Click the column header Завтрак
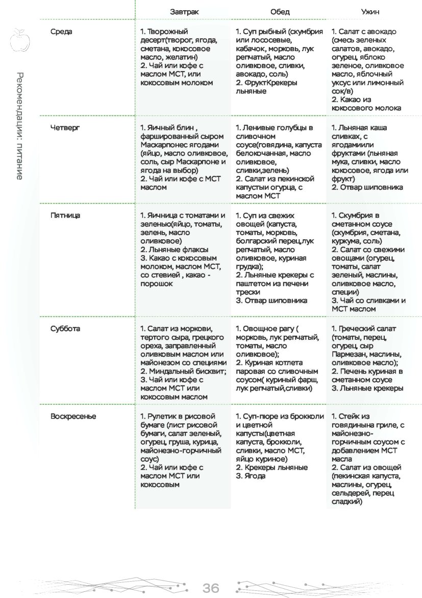(185, 12)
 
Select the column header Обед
(280, 12)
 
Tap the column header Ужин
(370, 12)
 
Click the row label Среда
(62, 32)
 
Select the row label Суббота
(65, 329)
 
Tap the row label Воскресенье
(73, 417)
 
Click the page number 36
(211, 588)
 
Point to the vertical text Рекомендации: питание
(19, 126)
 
